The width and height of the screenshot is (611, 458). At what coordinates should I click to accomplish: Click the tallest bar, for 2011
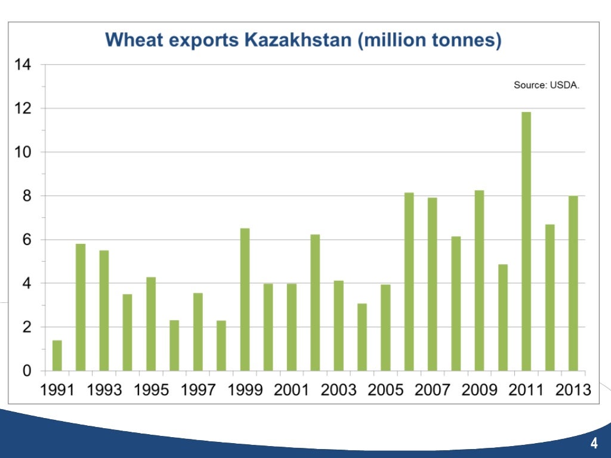(526, 242)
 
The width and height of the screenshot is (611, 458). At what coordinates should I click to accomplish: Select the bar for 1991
(57, 355)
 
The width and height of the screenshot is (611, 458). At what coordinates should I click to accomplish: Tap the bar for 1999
(245, 299)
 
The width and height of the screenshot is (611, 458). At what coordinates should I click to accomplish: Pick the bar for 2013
(573, 283)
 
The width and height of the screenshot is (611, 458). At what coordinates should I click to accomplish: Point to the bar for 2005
(385, 327)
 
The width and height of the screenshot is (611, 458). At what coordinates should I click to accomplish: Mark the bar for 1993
(104, 310)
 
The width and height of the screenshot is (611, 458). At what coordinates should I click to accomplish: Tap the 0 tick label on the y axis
(27, 371)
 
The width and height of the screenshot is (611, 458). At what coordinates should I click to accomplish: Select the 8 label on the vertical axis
(27, 196)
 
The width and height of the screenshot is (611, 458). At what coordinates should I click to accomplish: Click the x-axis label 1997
(198, 391)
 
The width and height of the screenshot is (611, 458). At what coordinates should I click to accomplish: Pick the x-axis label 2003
(339, 391)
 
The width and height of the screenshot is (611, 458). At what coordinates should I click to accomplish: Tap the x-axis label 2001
(292, 391)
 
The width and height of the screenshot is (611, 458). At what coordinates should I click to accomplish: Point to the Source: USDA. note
(547, 85)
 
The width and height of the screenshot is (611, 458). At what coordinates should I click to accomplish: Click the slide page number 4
(594, 443)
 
